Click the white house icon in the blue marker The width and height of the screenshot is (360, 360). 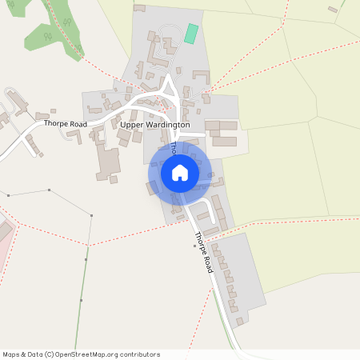(180, 172)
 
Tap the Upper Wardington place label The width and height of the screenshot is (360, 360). (154, 126)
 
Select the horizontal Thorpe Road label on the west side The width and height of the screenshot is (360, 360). (66, 125)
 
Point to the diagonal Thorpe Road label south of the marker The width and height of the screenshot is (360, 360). (204, 253)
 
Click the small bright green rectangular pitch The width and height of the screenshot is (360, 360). (191, 34)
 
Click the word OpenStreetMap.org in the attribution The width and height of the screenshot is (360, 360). (86, 354)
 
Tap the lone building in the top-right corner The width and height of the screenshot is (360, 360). (333, 10)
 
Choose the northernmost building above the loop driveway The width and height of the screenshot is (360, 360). (139, 9)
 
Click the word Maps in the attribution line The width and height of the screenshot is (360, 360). (11, 354)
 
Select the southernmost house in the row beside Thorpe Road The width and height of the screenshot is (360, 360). (239, 321)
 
